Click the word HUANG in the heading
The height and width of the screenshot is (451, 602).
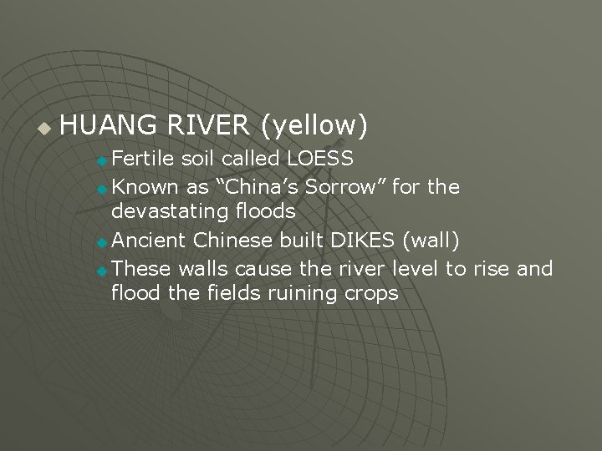(x=109, y=125)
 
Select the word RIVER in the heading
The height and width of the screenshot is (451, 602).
(x=208, y=125)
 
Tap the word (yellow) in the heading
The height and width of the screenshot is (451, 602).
(x=314, y=126)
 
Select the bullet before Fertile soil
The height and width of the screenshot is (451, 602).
(x=102, y=160)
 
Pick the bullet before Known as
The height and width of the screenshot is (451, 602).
(x=102, y=189)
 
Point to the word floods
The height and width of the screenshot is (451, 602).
(x=265, y=212)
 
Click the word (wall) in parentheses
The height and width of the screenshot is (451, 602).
(x=431, y=241)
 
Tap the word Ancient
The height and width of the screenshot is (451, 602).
(x=149, y=241)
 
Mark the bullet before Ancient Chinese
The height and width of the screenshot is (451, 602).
(x=102, y=243)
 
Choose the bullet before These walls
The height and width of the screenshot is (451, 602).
(x=102, y=271)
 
